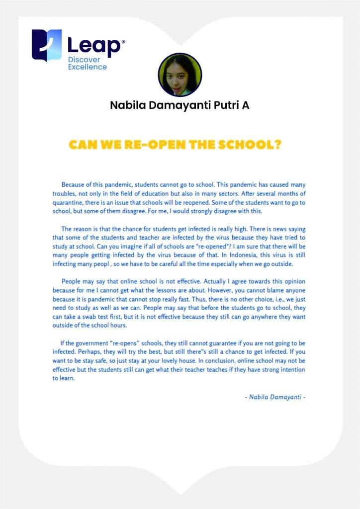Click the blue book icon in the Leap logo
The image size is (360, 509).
46,45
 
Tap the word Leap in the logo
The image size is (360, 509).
94,46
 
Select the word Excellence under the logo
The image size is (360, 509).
88,67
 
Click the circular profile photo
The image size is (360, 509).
180,75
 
